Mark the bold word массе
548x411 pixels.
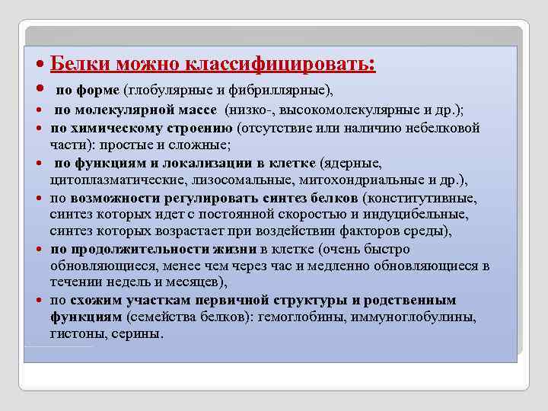[197, 112]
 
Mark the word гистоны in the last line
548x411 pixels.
[75, 333]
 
